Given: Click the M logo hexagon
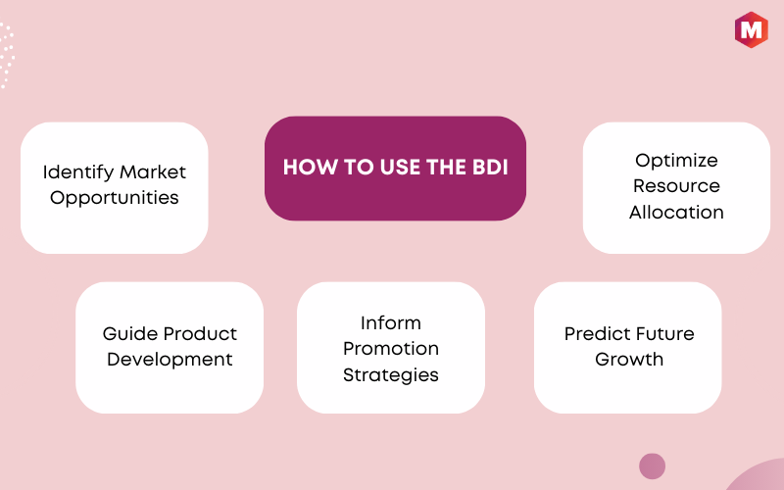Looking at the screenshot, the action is click(x=751, y=30).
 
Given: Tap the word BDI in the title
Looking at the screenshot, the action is click(x=490, y=168).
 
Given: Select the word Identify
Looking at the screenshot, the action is click(x=78, y=173).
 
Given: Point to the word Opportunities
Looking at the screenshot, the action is click(x=115, y=198).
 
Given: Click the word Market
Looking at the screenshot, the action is click(x=153, y=172).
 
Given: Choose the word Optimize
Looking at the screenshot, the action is click(x=676, y=161).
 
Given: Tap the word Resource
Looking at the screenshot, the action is click(x=676, y=186).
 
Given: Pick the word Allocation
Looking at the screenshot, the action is click(x=676, y=212).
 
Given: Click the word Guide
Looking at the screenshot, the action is click(x=130, y=333).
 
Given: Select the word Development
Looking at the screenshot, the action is click(x=170, y=360).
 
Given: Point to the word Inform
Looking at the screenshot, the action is click(x=391, y=323).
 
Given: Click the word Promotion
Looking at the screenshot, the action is click(x=391, y=349).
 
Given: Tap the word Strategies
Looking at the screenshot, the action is click(x=391, y=375).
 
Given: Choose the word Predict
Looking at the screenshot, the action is click(x=593, y=333).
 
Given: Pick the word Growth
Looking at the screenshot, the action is click(x=629, y=360).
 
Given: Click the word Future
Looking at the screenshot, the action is click(x=661, y=333).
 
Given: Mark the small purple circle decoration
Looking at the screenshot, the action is click(x=652, y=466).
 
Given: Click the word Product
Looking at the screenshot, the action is click(x=200, y=333).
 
